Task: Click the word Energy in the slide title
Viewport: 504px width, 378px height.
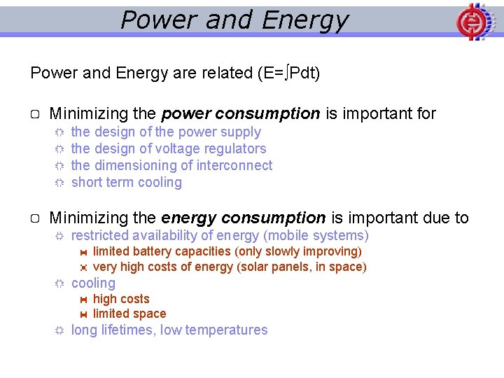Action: (304, 20)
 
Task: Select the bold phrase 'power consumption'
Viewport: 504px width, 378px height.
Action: (240, 113)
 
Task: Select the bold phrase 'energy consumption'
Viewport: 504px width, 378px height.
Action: (243, 218)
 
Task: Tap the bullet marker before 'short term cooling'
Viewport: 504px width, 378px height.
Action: (59, 183)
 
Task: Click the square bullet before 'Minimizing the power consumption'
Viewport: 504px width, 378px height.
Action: (36, 114)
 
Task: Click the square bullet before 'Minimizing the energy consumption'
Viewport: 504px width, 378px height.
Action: (36, 219)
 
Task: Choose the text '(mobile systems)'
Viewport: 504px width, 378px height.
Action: (316, 236)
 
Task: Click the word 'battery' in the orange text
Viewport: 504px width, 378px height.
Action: (152, 251)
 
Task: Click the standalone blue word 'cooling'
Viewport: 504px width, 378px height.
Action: (93, 283)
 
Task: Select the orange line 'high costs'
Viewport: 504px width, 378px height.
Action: (121, 299)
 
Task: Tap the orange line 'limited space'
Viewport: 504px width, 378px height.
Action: (129, 314)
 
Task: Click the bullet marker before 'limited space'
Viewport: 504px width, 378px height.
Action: (83, 314)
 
